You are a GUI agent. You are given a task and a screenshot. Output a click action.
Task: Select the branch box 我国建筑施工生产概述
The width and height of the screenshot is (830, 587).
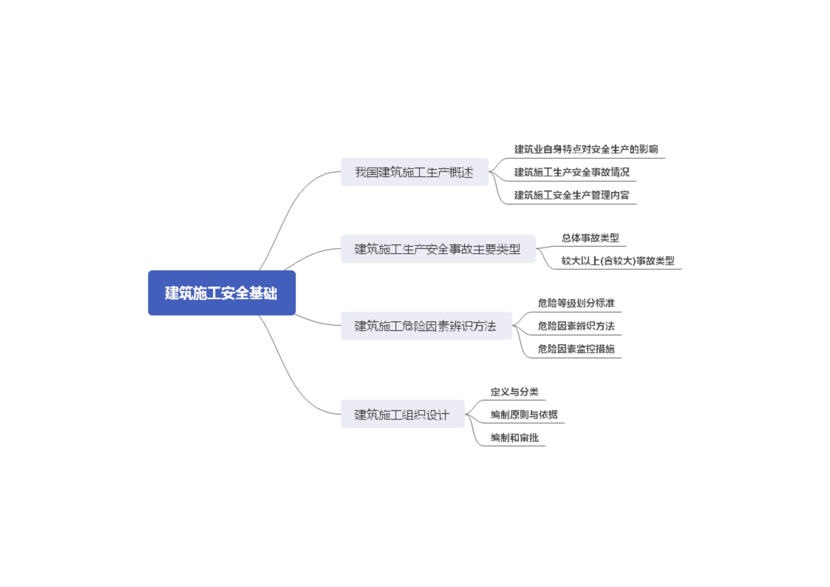[414, 172]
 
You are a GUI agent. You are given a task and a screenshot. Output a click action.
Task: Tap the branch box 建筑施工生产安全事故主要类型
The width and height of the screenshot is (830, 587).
[438, 249]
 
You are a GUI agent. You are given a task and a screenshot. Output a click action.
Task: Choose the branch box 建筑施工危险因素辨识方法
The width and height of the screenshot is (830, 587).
[426, 326]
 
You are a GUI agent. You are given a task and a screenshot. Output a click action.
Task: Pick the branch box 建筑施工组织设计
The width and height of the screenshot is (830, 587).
[402, 414]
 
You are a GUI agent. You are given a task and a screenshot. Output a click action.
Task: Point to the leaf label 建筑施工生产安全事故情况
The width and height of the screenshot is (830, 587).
[572, 172]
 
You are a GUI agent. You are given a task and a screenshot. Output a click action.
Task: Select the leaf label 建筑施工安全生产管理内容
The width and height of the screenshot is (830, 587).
[572, 195]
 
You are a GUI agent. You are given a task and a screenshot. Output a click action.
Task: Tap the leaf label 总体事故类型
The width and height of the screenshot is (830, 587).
[590, 238]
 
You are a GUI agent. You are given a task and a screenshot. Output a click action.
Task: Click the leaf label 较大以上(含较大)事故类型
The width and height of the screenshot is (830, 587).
[618, 261]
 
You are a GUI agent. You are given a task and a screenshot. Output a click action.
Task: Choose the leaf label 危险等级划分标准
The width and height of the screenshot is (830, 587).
[576, 303]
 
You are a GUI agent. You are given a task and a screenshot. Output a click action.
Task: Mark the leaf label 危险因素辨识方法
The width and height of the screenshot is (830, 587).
[576, 326]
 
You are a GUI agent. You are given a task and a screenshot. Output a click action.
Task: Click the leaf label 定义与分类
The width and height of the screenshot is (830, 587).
[514, 392]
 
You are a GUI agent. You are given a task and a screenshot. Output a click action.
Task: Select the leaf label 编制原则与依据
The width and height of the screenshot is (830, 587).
[524, 414]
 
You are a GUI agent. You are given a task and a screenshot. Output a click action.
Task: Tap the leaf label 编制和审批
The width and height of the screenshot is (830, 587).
[514, 438]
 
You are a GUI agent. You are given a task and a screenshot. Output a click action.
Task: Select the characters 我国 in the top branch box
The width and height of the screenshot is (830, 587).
[366, 172]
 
